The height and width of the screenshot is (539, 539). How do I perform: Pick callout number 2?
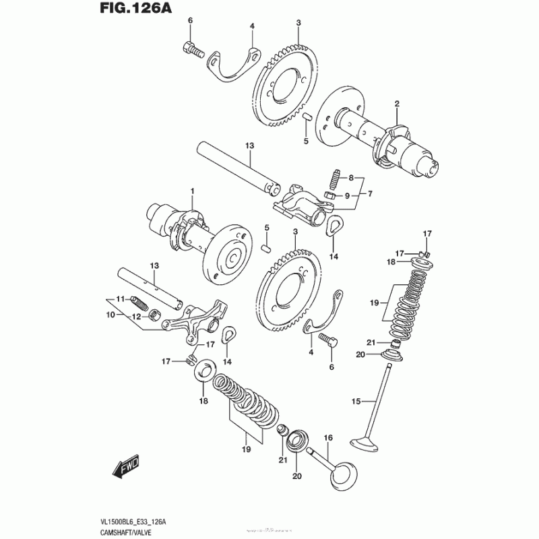397,104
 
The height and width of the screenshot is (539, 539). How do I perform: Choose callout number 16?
329,438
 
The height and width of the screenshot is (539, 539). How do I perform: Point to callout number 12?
135,316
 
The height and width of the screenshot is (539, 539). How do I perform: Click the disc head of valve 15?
367,445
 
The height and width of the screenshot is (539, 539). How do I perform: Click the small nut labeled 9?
330,195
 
